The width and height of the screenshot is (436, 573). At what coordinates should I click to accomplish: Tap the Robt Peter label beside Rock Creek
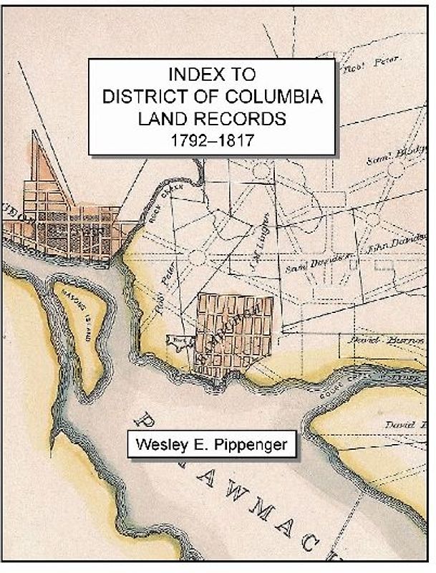pyautogui.click(x=165, y=293)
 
